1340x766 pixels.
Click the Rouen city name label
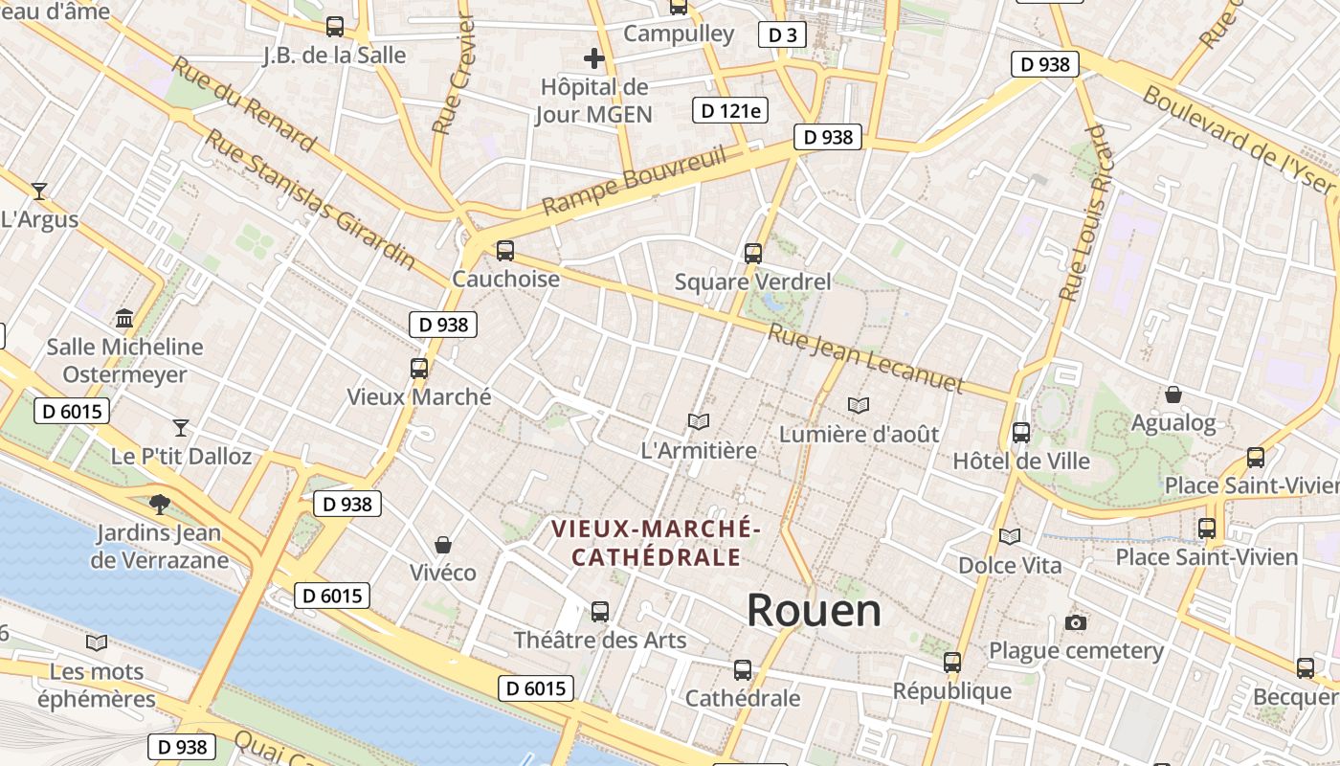pyautogui.click(x=814, y=611)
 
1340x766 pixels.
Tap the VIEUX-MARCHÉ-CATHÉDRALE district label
pyautogui.click(x=657, y=543)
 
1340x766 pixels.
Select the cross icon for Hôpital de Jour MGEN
pyautogui.click(x=594, y=58)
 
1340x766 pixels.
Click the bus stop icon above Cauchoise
pyautogui.click(x=505, y=251)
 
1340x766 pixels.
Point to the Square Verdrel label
pyautogui.click(x=752, y=282)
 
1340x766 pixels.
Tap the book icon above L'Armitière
pyautogui.click(x=699, y=421)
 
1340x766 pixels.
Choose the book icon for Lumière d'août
pyautogui.click(x=859, y=406)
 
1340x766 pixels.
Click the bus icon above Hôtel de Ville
pyautogui.click(x=1021, y=433)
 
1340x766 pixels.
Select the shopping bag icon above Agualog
pyautogui.click(x=1172, y=394)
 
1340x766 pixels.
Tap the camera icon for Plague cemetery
pyautogui.click(x=1076, y=623)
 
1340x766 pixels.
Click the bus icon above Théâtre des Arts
pyautogui.click(x=600, y=611)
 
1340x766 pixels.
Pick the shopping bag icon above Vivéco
pyautogui.click(x=443, y=545)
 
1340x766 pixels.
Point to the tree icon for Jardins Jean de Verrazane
pyautogui.click(x=160, y=504)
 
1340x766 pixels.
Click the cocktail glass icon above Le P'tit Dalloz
pyautogui.click(x=181, y=427)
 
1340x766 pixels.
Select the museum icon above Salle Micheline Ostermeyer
pyautogui.click(x=124, y=318)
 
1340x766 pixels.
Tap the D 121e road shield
pyautogui.click(x=730, y=110)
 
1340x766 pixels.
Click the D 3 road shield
pyautogui.click(x=782, y=35)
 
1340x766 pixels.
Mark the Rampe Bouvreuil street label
pyautogui.click(x=635, y=181)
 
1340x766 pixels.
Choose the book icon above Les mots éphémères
pyautogui.click(x=96, y=642)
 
